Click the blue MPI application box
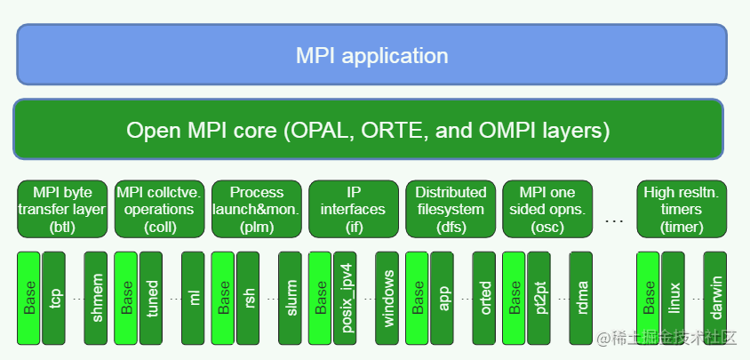(x=371, y=55)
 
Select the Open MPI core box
(x=368, y=130)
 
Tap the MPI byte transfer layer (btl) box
(x=62, y=209)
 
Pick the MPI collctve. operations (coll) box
(x=159, y=209)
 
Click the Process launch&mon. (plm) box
(x=256, y=209)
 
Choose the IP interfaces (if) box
(x=353, y=209)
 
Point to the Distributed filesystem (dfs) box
(x=451, y=209)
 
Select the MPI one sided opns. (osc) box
(x=547, y=209)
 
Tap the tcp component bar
(x=54, y=298)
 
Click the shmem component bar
(x=96, y=298)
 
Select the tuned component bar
(x=152, y=298)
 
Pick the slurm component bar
(x=290, y=298)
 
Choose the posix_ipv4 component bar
(x=346, y=298)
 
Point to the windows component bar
(x=387, y=298)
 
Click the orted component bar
(x=484, y=298)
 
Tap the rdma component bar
(x=581, y=298)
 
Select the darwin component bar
(x=715, y=298)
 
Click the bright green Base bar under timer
(x=649, y=298)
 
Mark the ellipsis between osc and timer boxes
(x=614, y=219)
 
